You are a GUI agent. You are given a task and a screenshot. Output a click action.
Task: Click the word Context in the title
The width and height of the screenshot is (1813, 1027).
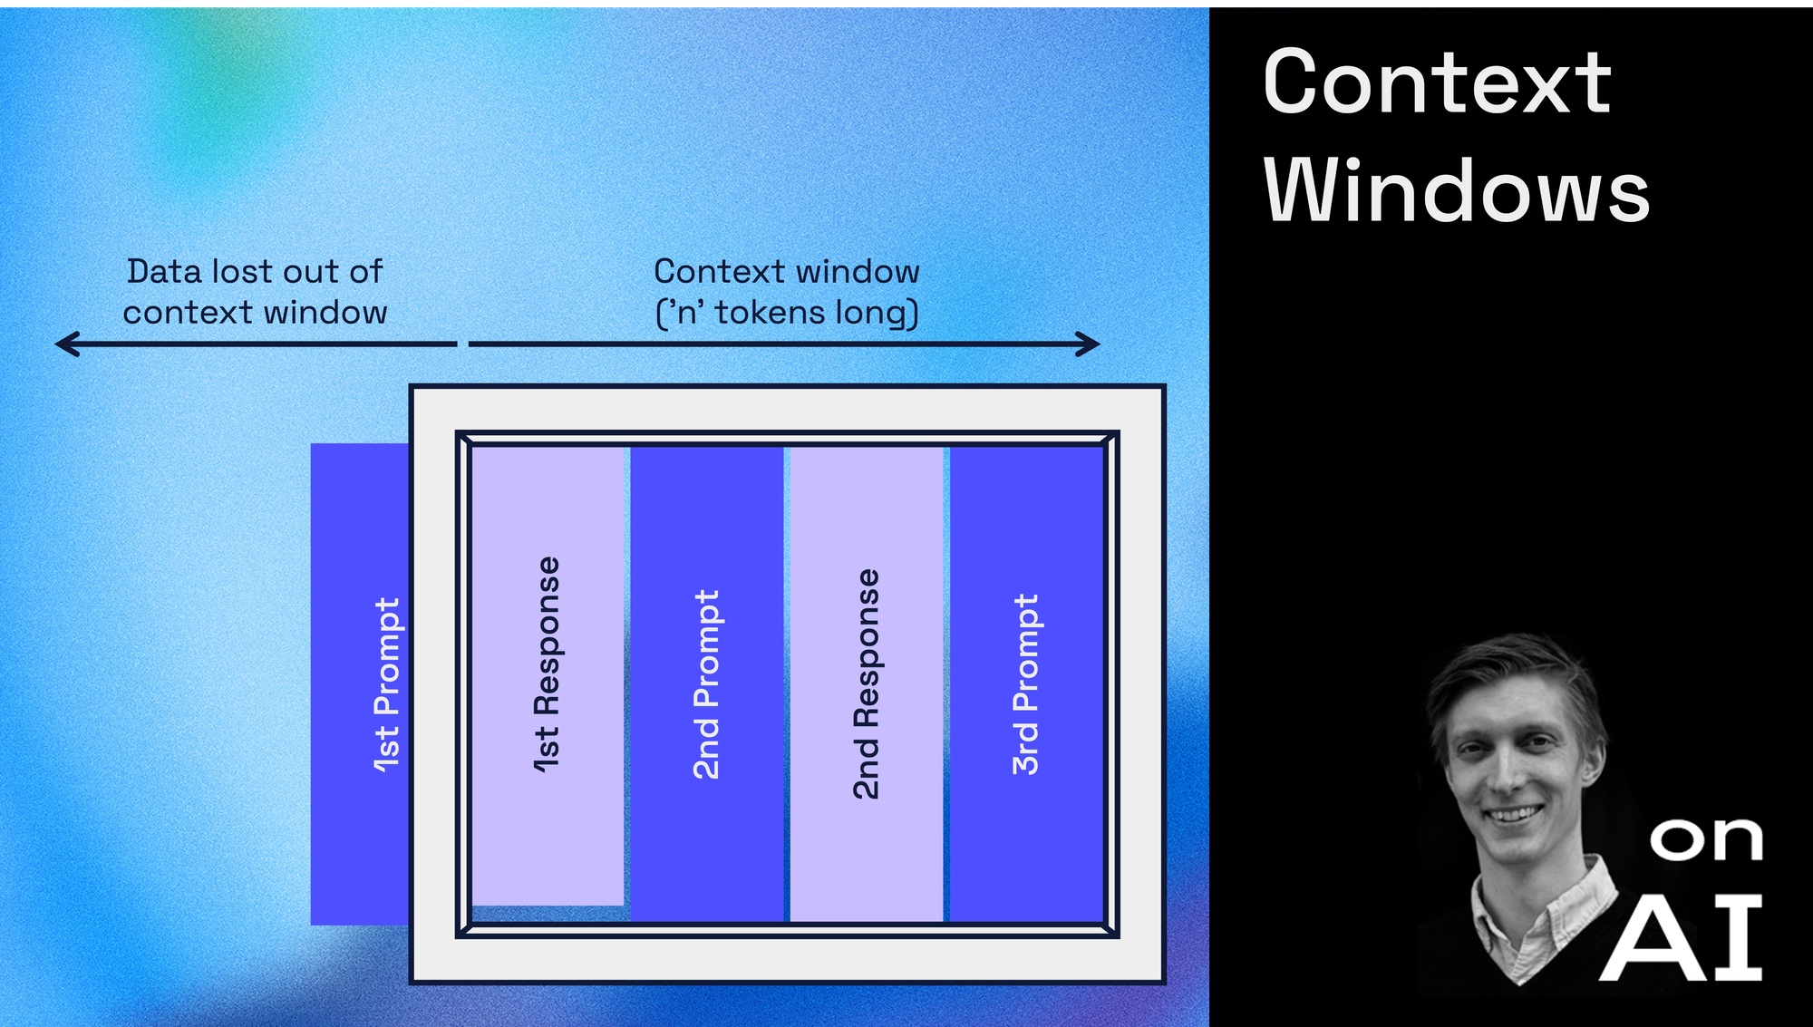coord(1438,82)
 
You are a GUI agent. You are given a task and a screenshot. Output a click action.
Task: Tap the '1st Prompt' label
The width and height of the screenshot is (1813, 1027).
coord(387,685)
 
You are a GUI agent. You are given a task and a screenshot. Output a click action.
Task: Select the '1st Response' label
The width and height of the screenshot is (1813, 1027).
coord(547,664)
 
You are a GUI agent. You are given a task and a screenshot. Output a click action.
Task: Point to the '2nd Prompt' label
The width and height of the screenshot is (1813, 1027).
coord(706,684)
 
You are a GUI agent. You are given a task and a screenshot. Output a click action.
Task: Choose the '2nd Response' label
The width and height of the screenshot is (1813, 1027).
coord(866,684)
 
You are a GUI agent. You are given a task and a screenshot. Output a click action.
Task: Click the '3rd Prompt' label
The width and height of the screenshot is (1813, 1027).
coord(1025,684)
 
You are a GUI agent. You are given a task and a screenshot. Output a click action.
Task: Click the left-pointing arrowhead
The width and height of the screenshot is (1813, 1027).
coord(67,344)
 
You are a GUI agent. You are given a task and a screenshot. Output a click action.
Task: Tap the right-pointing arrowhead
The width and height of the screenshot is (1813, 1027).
coord(1088,344)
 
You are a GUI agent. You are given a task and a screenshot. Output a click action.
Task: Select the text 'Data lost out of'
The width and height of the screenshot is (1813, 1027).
coord(255,271)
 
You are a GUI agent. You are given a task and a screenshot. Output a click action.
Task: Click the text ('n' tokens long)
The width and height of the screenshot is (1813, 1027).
coord(787,314)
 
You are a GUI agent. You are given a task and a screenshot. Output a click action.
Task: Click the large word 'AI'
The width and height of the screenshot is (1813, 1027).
coord(1682,938)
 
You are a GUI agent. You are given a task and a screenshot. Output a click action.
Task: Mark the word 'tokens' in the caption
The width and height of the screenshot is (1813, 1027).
coord(771,313)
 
